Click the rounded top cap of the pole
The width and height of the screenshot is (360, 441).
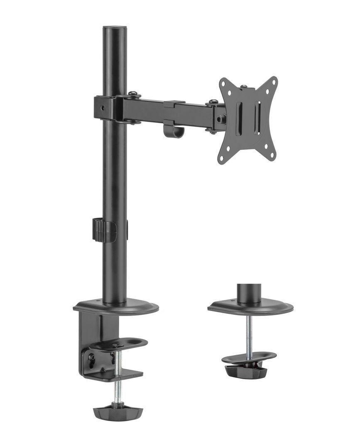(114, 29)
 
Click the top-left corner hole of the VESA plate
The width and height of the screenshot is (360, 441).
(225, 83)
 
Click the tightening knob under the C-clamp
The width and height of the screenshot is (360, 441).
(112, 413)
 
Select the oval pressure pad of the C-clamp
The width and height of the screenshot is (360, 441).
(118, 343)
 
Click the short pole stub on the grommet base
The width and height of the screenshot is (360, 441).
(248, 293)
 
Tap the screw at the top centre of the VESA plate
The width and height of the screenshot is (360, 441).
(244, 87)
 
